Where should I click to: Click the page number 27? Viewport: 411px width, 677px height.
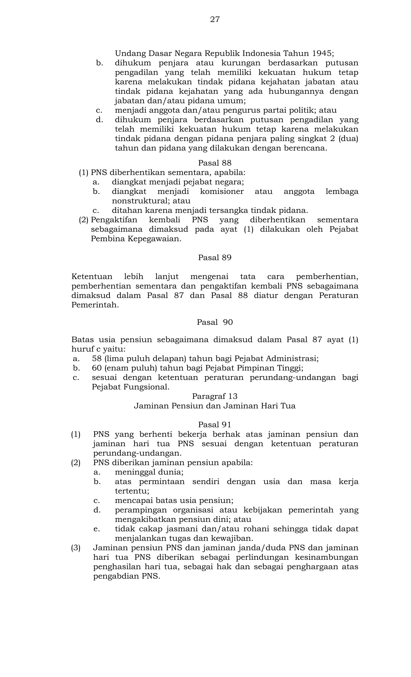click(x=215, y=19)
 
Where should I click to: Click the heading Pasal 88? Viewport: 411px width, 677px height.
click(x=215, y=163)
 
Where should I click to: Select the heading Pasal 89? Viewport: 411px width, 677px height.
click(x=215, y=258)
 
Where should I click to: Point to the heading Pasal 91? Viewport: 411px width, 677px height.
click(x=215, y=425)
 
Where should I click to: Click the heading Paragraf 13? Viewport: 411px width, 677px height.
click(x=215, y=396)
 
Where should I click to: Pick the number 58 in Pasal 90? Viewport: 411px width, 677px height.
click(x=97, y=358)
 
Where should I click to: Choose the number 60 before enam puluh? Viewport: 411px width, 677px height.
click(x=97, y=368)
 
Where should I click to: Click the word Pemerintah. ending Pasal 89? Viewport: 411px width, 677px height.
click(x=95, y=305)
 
